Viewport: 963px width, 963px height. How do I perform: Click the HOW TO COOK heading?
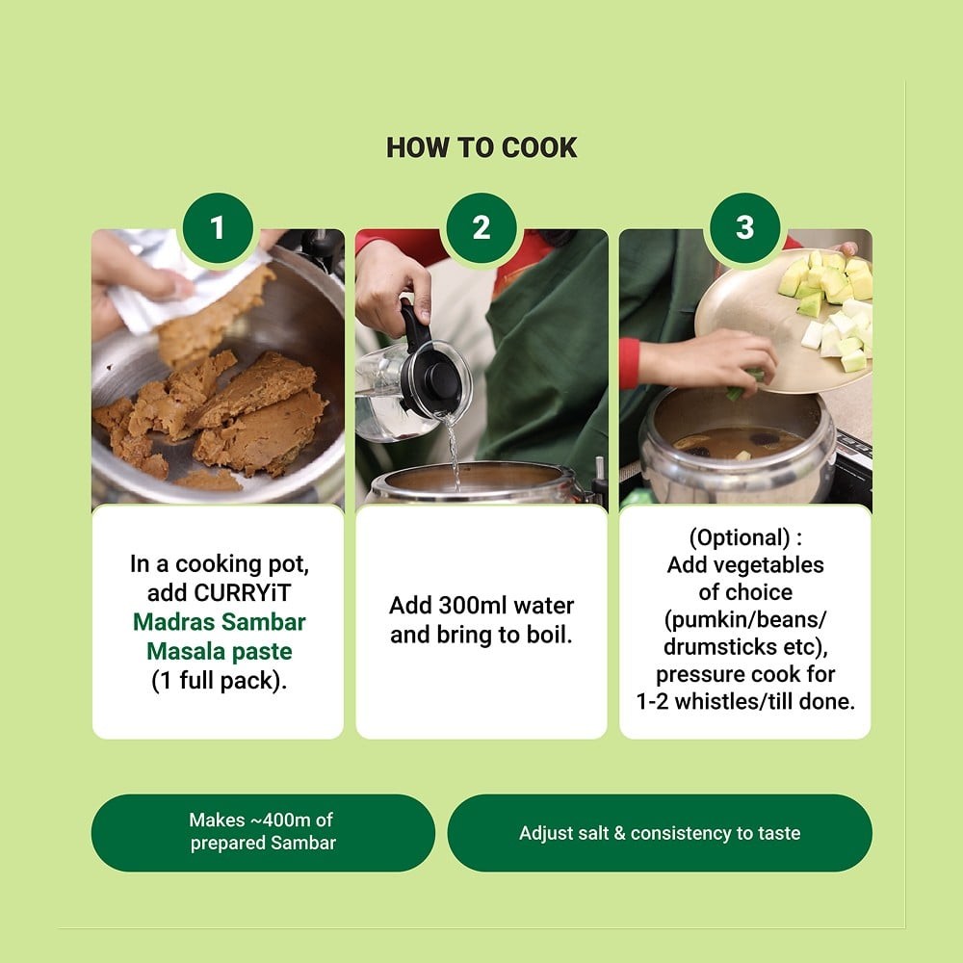click(x=481, y=148)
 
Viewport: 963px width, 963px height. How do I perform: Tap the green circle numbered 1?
click(x=218, y=228)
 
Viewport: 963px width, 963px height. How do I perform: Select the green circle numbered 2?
click(x=481, y=228)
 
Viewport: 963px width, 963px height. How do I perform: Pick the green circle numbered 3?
click(x=745, y=228)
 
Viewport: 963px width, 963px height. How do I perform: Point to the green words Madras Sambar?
click(x=220, y=621)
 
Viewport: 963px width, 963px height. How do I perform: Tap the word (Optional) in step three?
click(x=739, y=538)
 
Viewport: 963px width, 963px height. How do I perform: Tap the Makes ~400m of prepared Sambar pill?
click(x=263, y=832)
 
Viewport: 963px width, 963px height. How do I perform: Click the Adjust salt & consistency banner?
click(x=660, y=832)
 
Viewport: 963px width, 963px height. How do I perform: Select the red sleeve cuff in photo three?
click(x=629, y=363)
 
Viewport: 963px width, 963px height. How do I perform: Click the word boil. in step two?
click(x=550, y=635)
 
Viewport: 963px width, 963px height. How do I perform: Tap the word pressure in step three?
click(x=698, y=674)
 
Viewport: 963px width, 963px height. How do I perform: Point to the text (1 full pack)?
click(x=220, y=681)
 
